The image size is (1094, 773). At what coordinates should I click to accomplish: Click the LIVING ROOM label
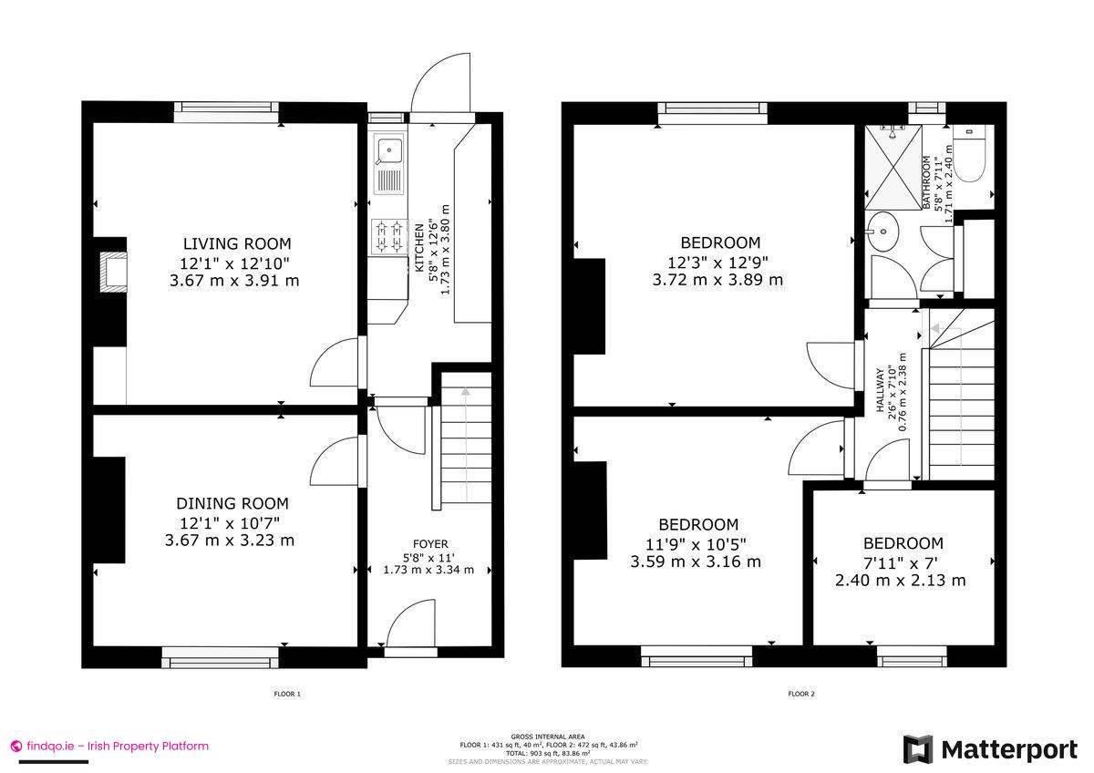coord(237,243)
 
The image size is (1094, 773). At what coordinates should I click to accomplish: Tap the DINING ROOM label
coord(232,503)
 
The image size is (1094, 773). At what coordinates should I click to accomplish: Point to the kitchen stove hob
coord(388,237)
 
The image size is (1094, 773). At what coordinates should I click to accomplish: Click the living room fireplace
coord(114,272)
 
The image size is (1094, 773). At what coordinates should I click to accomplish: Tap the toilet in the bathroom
coord(970,156)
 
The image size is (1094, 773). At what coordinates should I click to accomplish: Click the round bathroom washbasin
coord(882,232)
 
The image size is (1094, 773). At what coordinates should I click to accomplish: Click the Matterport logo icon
coord(918,749)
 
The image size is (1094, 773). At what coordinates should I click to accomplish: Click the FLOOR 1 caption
coord(287,694)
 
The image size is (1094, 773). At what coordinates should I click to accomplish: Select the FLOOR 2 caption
coord(801,694)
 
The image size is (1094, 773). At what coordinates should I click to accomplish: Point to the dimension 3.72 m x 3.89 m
coord(717,280)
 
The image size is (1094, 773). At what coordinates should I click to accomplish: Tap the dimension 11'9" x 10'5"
coord(698,543)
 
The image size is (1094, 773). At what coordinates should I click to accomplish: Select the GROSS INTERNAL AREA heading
coord(548,736)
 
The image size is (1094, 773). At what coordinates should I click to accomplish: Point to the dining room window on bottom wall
coord(220,652)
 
